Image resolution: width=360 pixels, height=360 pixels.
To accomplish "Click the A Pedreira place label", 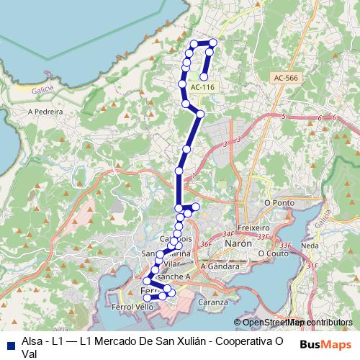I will click(45, 112).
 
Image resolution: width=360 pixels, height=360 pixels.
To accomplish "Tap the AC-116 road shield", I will click(202, 87).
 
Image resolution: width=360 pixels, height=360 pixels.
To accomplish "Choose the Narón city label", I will click(238, 243).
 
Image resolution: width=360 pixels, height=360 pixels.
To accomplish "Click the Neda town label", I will click(311, 245).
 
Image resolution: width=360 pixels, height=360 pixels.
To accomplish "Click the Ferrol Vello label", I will click(132, 307).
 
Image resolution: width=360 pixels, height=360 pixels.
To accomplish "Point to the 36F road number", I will click(206, 245).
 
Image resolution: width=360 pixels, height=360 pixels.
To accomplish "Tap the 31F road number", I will click(312, 266).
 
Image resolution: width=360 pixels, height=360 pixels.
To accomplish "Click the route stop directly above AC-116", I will click(204, 76).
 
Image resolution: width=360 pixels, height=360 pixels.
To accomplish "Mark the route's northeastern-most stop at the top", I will click(213, 42).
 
